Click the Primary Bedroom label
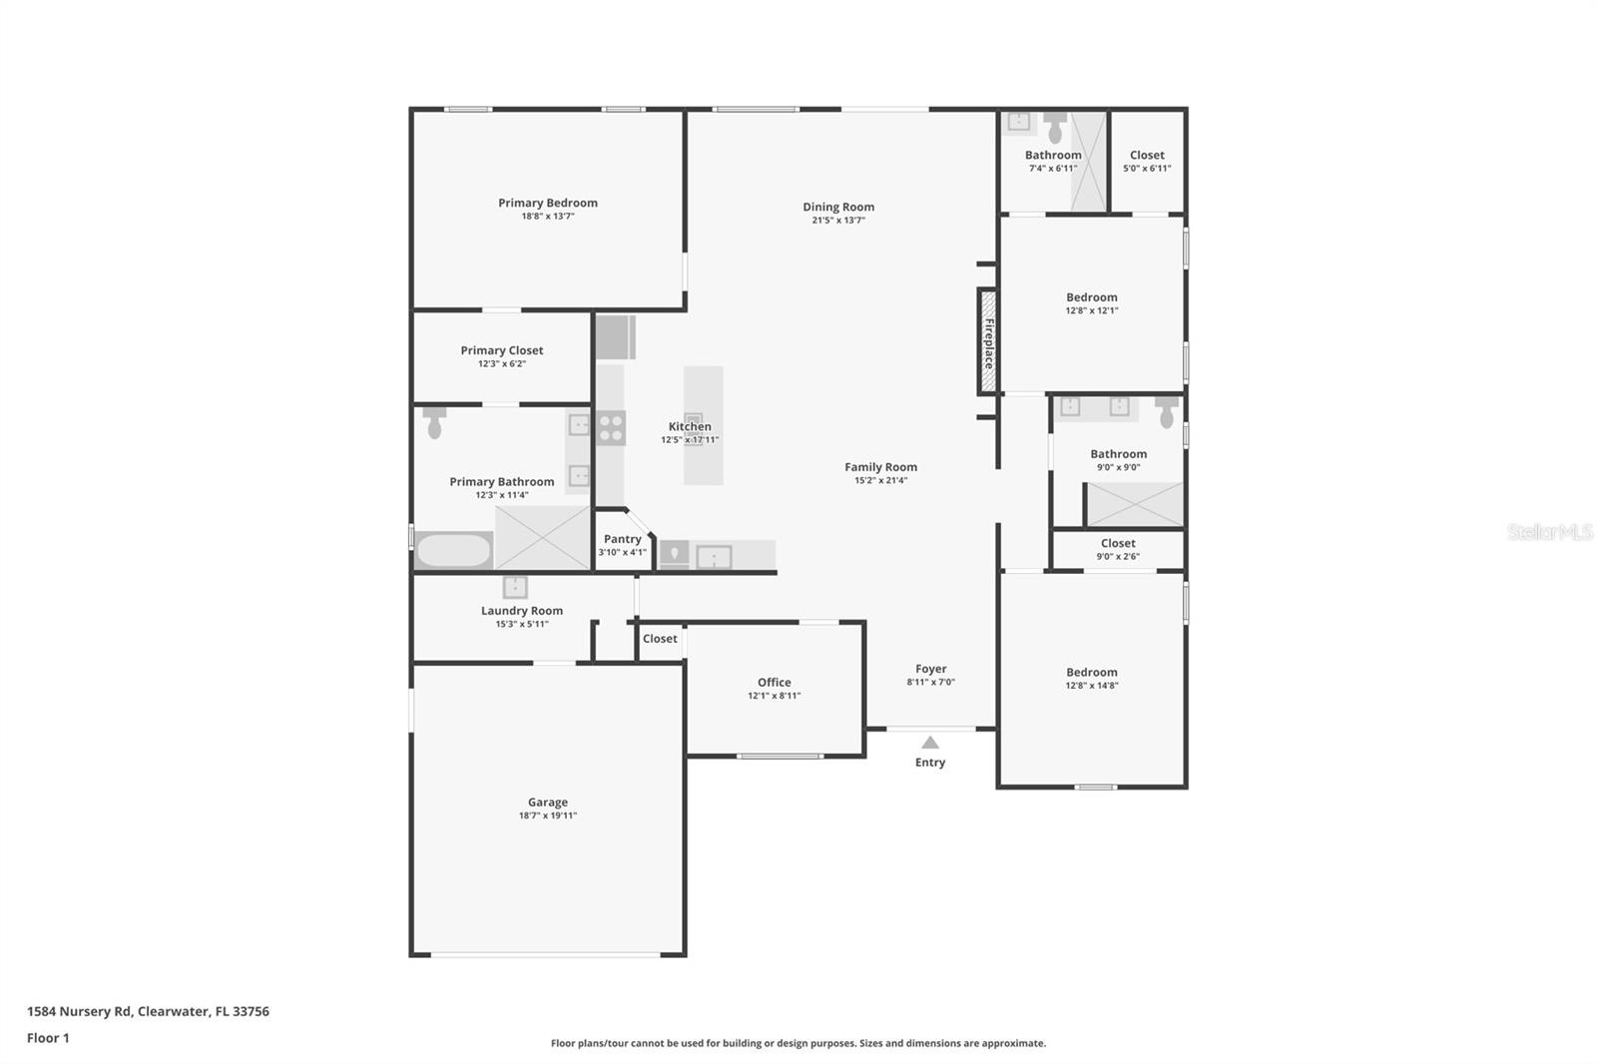coord(548,203)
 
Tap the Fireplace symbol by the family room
coord(988,342)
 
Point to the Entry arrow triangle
coord(930,743)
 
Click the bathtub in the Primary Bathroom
coord(453,550)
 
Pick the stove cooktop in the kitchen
coord(611,427)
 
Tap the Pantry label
coord(623,539)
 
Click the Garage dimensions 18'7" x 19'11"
coord(548,815)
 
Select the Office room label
coord(775,683)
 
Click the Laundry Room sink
coord(515,587)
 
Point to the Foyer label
coord(931,669)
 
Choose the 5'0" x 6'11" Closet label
coord(1147,156)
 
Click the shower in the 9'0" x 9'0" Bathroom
coord(1135,504)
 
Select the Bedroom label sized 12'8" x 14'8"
coord(1092,673)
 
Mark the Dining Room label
coord(838,208)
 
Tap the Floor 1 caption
coord(48,1038)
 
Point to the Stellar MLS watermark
coord(1549,532)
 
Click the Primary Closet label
coord(502,350)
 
